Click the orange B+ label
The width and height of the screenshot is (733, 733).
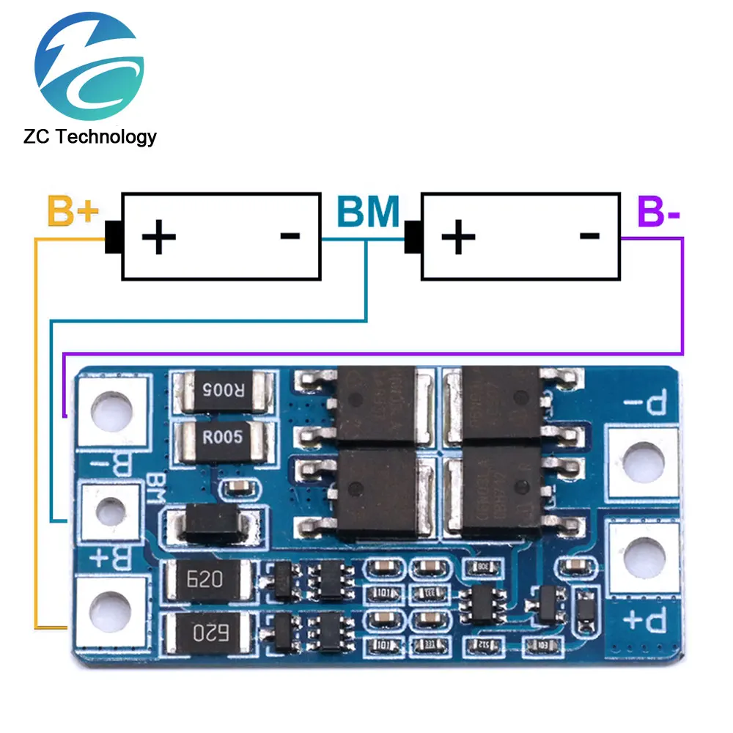click(x=73, y=211)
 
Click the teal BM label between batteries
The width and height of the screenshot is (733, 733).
click(x=369, y=212)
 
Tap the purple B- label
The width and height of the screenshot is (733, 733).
click(x=659, y=212)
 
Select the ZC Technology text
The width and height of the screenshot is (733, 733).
click(x=89, y=137)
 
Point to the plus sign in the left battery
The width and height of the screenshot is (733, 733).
click(x=159, y=237)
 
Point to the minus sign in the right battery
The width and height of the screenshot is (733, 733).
click(x=589, y=235)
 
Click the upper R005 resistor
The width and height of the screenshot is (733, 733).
click(x=222, y=391)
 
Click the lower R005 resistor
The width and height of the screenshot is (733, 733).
click(x=222, y=438)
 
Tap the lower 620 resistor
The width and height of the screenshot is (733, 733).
click(x=206, y=629)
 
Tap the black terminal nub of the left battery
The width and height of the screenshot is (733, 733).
click(x=113, y=237)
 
